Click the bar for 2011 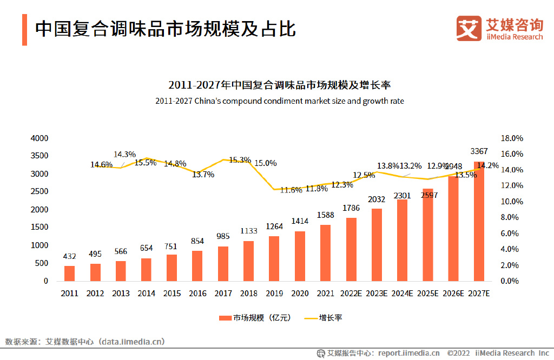click(69, 274)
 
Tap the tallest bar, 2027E click(478, 222)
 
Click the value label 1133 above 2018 click(249, 230)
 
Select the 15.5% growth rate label click(145, 162)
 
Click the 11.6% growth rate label click(291, 190)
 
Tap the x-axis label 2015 click(172, 294)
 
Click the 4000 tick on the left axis click(39, 138)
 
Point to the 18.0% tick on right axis click(512, 138)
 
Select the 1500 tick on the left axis click(39, 228)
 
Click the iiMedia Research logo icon click(469, 28)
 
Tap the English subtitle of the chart click(279, 101)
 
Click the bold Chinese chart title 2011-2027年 click(279, 85)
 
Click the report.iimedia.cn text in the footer click(408, 353)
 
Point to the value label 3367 click(479, 151)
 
